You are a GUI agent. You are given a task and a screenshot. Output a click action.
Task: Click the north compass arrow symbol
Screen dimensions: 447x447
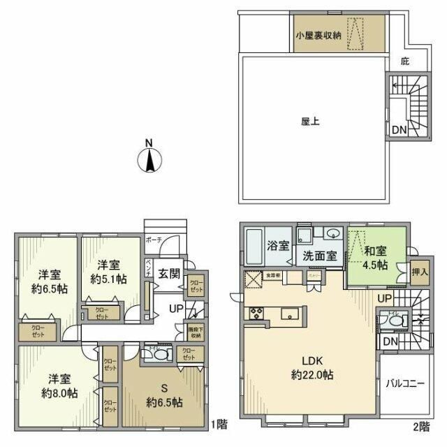(149, 158)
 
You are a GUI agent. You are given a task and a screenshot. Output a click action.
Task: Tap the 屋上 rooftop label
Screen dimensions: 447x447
(309, 120)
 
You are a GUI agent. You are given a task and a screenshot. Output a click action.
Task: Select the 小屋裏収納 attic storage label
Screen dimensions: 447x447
(318, 36)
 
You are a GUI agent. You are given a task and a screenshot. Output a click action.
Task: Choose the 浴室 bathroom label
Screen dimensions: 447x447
(279, 246)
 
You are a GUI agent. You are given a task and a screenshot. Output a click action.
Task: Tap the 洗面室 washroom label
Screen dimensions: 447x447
(321, 255)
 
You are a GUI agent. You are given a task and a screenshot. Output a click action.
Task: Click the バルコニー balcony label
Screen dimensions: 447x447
(405, 383)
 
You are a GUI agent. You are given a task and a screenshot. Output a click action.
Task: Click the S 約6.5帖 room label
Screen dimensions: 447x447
(164, 395)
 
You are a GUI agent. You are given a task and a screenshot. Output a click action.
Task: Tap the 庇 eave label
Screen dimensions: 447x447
(404, 61)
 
